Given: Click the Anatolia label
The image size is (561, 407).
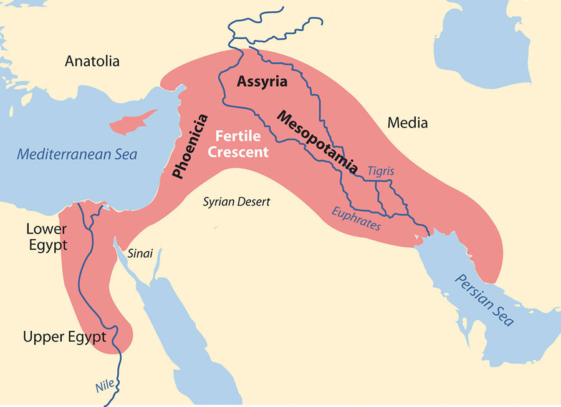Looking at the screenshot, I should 92,62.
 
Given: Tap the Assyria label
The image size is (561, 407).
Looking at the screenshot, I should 262,81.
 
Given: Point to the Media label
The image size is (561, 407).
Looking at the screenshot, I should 408,123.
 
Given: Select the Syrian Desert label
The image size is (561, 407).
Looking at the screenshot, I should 237,202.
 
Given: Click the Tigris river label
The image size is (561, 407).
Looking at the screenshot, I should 380,170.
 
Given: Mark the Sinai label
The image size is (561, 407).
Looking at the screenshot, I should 140,254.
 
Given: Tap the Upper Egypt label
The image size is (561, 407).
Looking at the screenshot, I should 64,337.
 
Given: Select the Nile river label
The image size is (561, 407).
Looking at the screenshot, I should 105,386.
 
